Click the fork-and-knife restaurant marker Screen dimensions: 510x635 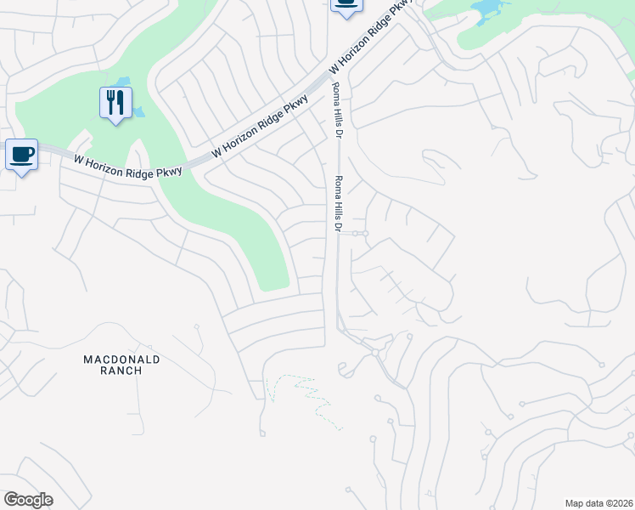pyautogui.click(x=115, y=103)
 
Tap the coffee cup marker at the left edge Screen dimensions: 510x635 pyautogui.click(x=22, y=155)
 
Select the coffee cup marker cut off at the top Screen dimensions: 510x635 pyautogui.click(x=346, y=4)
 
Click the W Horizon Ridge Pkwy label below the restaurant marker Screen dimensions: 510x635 pyautogui.click(x=127, y=165)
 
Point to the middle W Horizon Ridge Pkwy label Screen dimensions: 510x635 pyautogui.click(x=261, y=125)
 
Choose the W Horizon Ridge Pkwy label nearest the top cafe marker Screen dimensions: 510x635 pyautogui.click(x=371, y=36)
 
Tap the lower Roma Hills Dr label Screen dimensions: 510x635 pyautogui.click(x=337, y=204)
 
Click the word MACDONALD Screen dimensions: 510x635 pyautogui.click(x=121, y=360)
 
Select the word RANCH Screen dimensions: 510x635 pyautogui.click(x=121, y=371)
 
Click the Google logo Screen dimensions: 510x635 pyautogui.click(x=28, y=500)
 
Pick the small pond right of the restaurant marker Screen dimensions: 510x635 pyautogui.click(x=138, y=111)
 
